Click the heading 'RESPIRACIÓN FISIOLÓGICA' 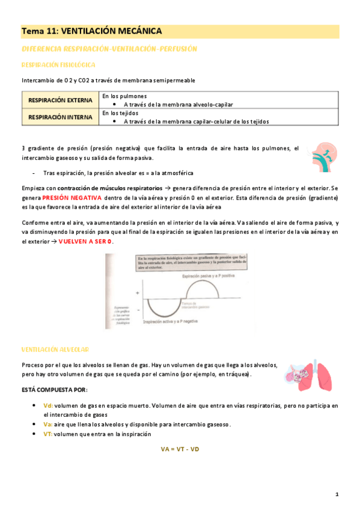[57, 64]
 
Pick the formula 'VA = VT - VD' [180, 449]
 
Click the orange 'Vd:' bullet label [49, 406]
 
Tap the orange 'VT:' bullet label [48, 434]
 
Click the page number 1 [337, 494]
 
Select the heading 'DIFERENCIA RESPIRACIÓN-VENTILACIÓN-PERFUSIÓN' [109, 48]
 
